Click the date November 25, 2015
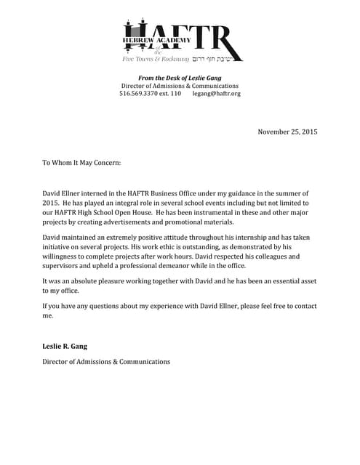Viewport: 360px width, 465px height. point(287,132)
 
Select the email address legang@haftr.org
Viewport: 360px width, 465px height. point(216,94)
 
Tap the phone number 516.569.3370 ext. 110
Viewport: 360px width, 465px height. point(150,94)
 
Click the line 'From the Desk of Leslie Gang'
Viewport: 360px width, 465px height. point(180,78)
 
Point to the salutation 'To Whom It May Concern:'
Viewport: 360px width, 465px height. point(81,163)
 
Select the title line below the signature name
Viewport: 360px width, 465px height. point(106,361)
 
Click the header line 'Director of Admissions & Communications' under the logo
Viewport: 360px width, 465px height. point(180,86)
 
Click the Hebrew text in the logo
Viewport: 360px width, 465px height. point(216,58)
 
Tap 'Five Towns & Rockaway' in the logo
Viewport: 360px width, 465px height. point(155,58)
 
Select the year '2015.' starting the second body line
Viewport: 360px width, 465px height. point(51,203)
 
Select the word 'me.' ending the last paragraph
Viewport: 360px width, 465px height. point(48,315)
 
